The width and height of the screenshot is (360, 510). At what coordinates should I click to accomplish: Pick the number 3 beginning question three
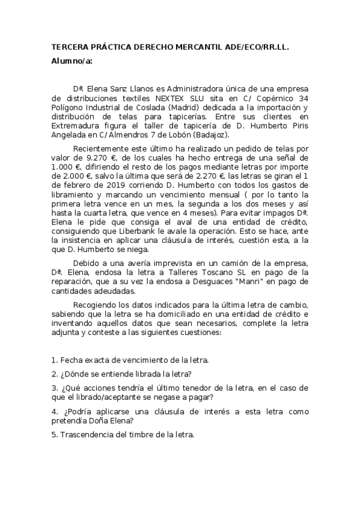click(55, 388)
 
